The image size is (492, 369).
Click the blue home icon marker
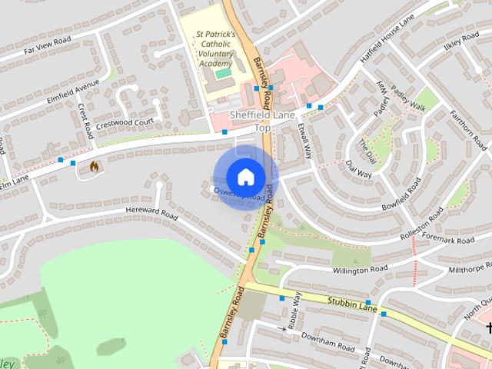click(245, 177)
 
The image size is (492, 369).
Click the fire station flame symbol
click(94, 165)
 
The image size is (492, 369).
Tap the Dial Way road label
click(358, 169)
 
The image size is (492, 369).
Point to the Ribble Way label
click(294, 307)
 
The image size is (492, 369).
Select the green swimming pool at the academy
click(224, 73)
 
